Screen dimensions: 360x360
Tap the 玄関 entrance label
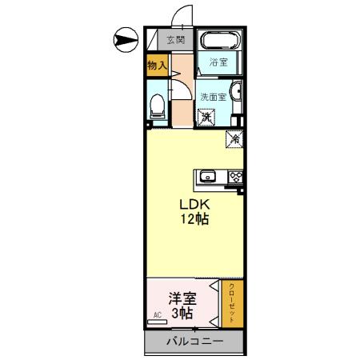click(176, 39)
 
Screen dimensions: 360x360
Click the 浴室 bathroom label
click(219, 62)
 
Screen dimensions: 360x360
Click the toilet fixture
click(158, 103)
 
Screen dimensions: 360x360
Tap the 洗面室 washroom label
click(214, 92)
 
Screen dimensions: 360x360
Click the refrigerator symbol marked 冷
click(234, 138)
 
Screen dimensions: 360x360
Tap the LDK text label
click(193, 203)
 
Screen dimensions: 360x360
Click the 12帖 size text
click(193, 218)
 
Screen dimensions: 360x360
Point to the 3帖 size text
click(182, 314)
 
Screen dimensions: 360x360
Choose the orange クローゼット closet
click(232, 302)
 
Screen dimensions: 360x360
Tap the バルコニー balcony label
click(194, 342)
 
